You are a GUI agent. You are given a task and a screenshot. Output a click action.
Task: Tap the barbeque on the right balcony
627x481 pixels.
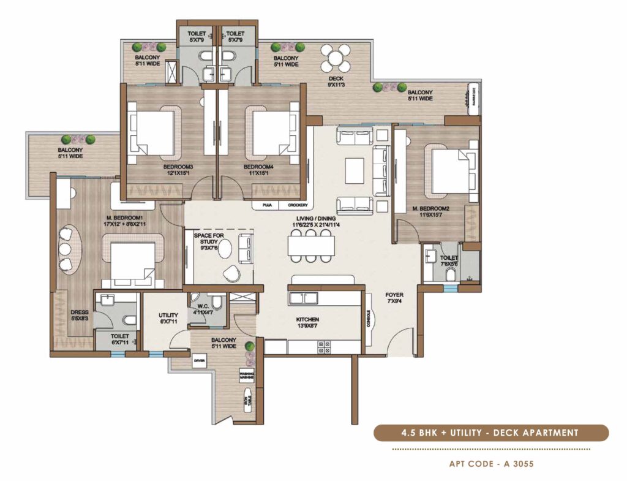[473, 96]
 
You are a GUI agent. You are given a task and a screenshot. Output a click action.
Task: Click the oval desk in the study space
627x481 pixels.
[225, 250]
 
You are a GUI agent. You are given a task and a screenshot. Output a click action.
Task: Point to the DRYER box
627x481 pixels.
[200, 361]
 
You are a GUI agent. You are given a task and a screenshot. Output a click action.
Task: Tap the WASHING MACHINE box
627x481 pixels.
[247, 376]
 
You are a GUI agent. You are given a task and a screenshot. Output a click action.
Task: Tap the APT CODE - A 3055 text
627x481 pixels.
[492, 464]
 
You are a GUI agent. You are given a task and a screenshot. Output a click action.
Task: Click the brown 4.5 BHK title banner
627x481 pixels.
[491, 433]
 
